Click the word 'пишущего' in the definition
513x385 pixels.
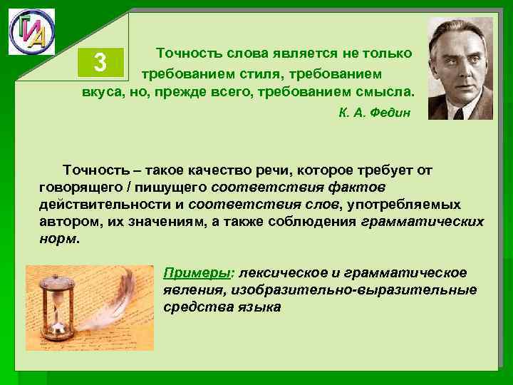tap(169, 187)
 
